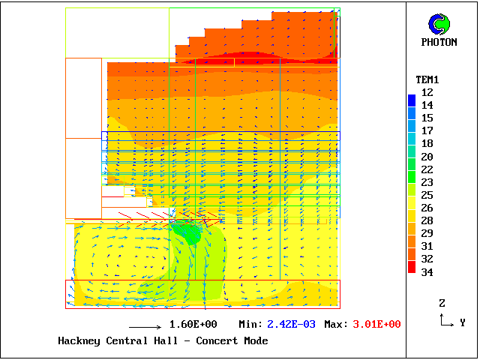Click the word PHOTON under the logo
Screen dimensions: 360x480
439,42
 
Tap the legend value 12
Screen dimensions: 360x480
427,92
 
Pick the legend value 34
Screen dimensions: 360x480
427,272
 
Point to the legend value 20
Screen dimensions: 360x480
427,157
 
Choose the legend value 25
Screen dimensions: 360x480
427,195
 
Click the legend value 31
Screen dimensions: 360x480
427,246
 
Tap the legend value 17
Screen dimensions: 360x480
427,130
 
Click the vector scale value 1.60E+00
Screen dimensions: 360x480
193,325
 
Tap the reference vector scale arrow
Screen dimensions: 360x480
145,327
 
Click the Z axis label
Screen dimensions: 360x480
442,303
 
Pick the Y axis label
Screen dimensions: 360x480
463,322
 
